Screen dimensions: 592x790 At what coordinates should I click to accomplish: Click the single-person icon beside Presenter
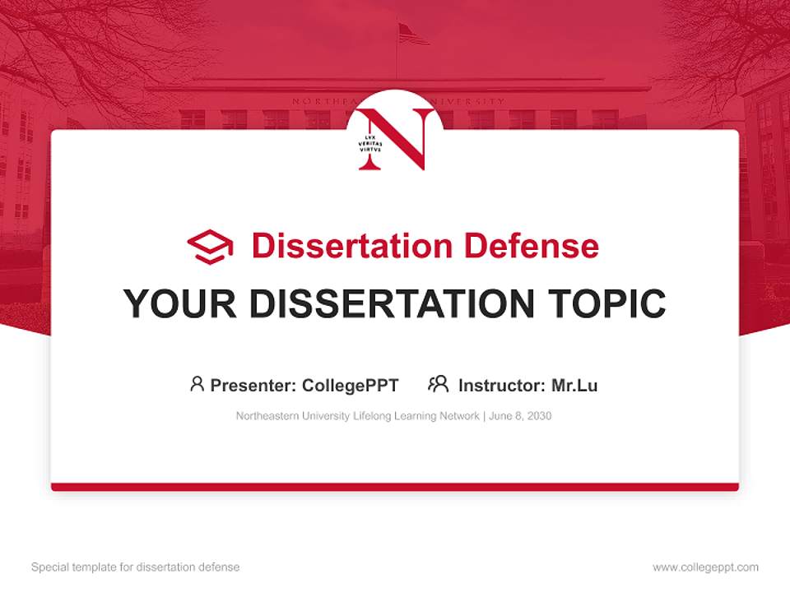tap(197, 384)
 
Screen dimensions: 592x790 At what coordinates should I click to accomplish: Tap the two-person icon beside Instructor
tap(439, 384)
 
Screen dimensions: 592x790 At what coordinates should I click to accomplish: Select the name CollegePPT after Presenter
tap(351, 385)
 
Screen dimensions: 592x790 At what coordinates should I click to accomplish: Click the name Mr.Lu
tap(574, 385)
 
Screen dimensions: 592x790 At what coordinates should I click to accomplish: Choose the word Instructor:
tap(501, 385)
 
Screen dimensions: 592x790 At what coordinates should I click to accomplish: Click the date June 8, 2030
tap(520, 416)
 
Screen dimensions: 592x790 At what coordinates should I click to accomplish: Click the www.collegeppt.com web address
tap(705, 567)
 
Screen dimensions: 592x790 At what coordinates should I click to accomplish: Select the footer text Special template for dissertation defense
tap(136, 567)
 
